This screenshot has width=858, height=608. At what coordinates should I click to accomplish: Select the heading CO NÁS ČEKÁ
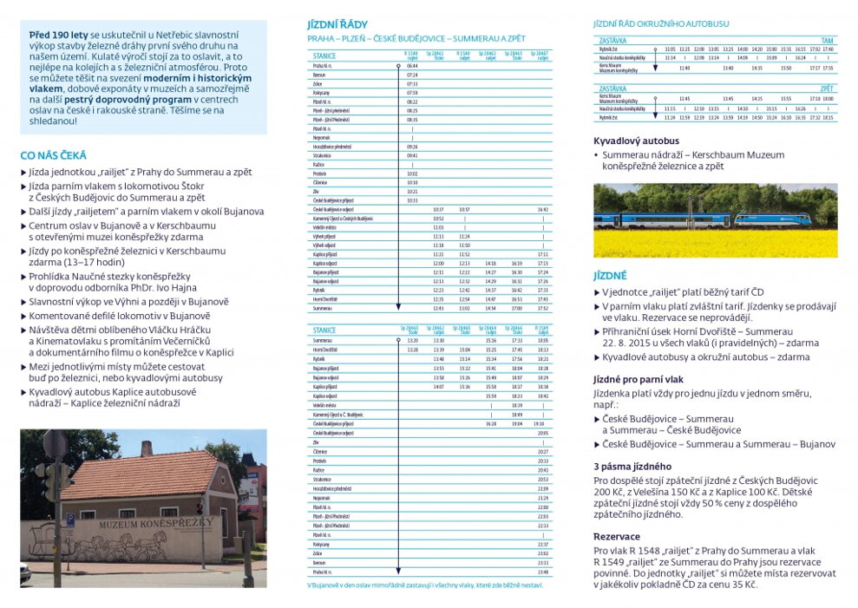click(53, 155)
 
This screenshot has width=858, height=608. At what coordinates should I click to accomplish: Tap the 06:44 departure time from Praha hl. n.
click(412, 66)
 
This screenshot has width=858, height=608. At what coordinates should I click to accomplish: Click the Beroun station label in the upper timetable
click(319, 75)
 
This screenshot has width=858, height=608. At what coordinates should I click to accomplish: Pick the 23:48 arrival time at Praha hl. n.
click(543, 572)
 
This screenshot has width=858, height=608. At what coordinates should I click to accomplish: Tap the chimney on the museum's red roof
click(146, 447)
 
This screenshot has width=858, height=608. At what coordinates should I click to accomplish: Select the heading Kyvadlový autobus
click(636, 141)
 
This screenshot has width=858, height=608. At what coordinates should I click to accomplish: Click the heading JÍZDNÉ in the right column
click(610, 275)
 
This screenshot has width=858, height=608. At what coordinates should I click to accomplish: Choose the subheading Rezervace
click(618, 536)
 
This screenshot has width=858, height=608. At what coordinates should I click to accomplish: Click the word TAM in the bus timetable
click(827, 41)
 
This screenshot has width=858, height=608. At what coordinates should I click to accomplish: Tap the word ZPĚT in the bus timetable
click(826, 88)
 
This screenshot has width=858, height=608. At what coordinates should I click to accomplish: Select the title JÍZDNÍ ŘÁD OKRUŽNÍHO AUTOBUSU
click(660, 23)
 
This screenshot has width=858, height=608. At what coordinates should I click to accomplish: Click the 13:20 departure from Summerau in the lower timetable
click(412, 341)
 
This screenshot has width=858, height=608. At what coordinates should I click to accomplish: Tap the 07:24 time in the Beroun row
click(412, 75)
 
